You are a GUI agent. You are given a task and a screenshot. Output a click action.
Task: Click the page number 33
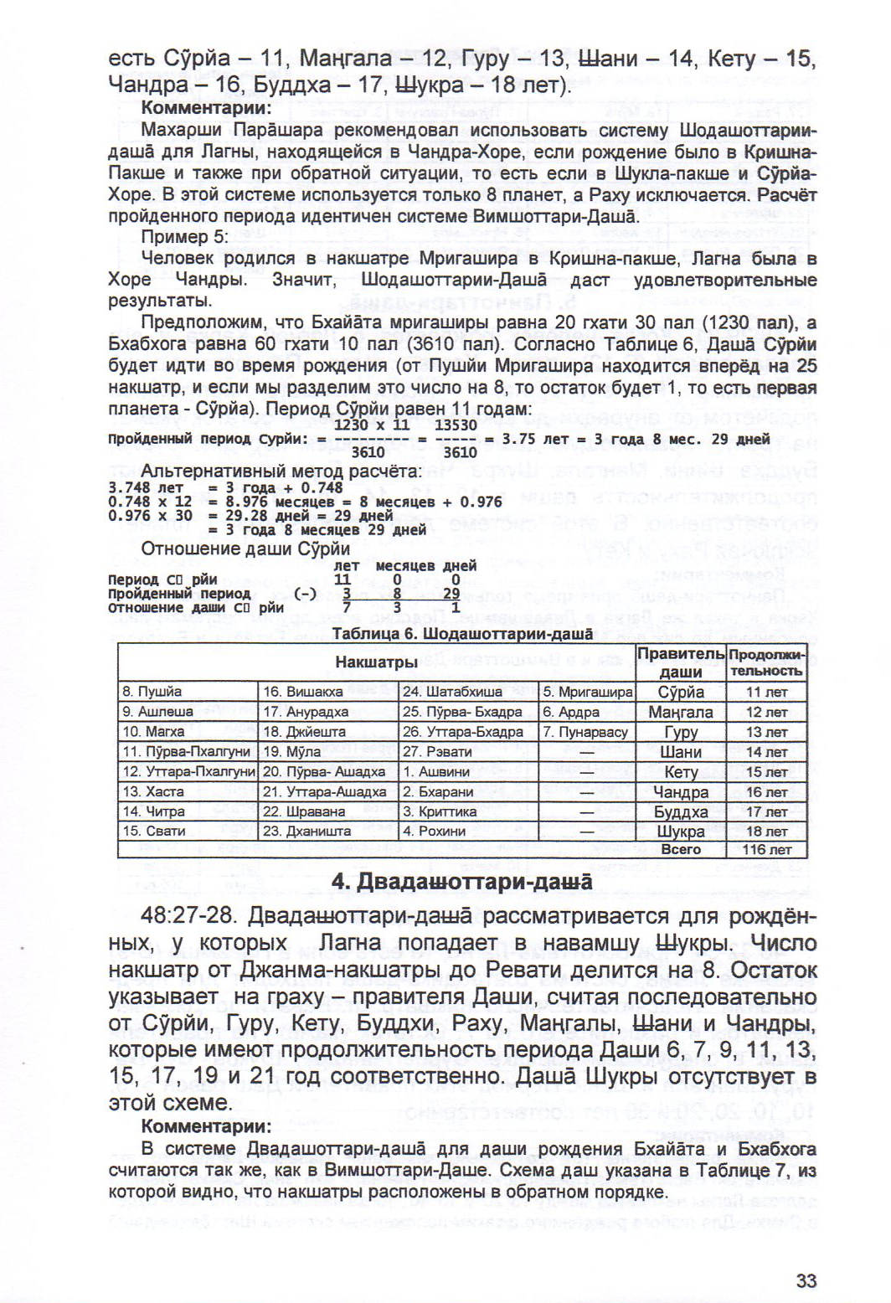(806, 1280)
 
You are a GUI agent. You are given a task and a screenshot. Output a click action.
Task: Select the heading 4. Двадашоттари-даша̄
(461, 882)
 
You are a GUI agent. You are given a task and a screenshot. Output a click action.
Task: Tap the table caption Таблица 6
(462, 634)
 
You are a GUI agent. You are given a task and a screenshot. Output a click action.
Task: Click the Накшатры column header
(376, 662)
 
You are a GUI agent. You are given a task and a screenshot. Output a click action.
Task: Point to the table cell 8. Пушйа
(152, 692)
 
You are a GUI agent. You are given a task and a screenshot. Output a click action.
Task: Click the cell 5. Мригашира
(587, 692)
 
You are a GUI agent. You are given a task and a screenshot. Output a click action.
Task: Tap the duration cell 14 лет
(766, 752)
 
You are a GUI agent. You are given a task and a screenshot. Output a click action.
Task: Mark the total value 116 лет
(766, 849)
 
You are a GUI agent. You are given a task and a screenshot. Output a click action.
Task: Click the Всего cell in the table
(681, 849)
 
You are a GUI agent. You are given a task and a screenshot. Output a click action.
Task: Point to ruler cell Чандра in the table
(681, 792)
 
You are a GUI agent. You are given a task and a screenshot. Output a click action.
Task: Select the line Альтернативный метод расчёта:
(281, 471)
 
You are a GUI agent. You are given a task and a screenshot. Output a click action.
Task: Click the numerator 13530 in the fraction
(459, 425)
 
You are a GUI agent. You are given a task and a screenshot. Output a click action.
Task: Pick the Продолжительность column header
(766, 662)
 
